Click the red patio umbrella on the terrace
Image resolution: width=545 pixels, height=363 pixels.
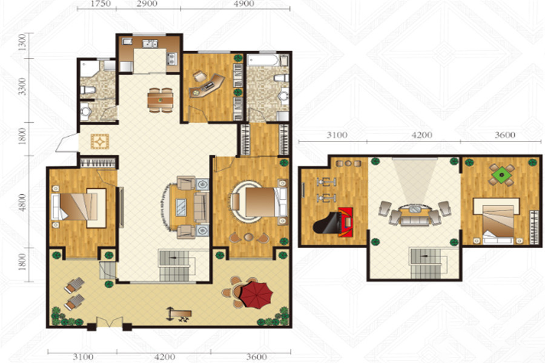tap(257, 295)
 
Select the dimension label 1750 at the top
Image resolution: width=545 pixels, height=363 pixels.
tap(100, 4)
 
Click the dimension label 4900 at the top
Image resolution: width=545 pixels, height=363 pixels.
tap(243, 4)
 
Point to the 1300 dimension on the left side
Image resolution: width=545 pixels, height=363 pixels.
tap(22, 42)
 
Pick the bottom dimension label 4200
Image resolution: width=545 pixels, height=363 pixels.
tap(164, 357)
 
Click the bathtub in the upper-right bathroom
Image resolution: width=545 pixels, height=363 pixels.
tap(263, 60)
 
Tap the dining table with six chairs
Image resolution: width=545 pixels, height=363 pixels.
tap(160, 100)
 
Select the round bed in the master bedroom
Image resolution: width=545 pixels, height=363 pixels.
tap(259, 201)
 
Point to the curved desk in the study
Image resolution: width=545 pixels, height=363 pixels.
tap(206, 86)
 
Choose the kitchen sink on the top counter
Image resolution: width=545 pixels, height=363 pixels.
tap(150, 44)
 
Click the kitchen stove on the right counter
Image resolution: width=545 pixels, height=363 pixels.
tap(172, 59)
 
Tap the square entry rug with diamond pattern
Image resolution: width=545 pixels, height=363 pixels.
tap(100, 142)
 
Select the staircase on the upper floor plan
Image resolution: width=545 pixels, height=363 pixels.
tap(424, 263)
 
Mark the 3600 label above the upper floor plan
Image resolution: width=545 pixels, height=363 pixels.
tap(505, 135)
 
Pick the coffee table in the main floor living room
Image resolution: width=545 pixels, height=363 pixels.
tap(180, 207)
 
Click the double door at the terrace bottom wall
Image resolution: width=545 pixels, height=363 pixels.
tap(110, 322)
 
